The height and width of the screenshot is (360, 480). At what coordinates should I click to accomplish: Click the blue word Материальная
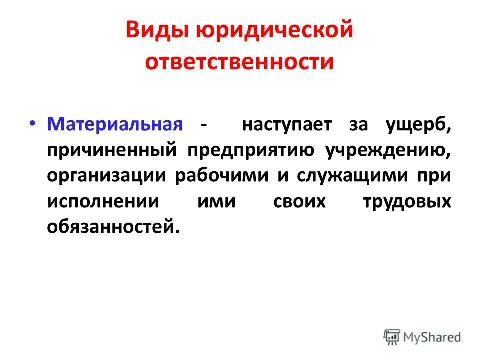114,124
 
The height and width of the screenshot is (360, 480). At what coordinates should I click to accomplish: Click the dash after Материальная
203,125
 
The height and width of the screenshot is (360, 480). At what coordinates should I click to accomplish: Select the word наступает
286,124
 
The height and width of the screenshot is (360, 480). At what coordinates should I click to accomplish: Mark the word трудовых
409,202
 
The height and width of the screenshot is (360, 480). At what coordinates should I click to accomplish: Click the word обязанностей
112,228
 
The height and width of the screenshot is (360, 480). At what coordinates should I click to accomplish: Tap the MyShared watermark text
433,336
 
